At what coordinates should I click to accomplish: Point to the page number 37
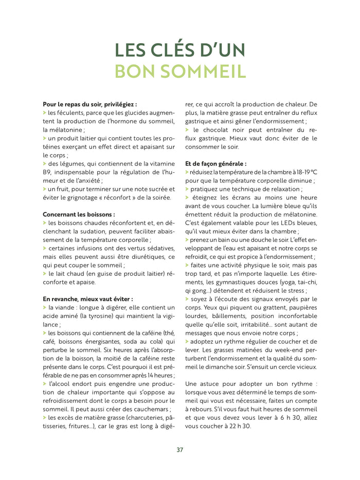(179, 449)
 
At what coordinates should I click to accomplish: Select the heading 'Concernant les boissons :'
(79, 214)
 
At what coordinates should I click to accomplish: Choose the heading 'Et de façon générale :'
(215, 163)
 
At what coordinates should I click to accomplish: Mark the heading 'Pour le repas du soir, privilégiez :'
(89, 104)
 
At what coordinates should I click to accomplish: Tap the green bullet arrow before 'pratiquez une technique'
(187, 189)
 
